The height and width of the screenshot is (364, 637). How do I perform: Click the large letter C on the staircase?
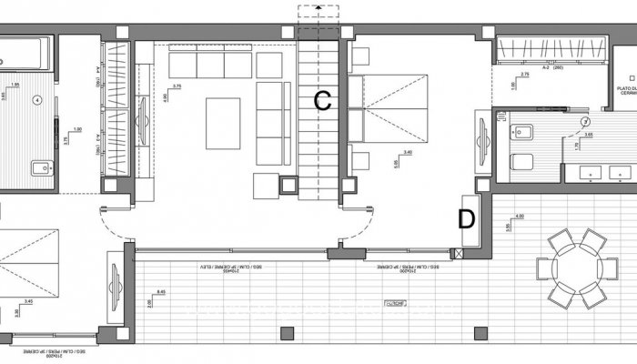point(322,101)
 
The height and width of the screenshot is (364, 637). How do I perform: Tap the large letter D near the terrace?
point(466,218)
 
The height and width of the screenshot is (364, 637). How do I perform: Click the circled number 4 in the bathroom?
point(36,100)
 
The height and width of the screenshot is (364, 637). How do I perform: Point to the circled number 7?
point(585,121)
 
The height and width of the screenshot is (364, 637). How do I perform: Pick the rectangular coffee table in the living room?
point(223,123)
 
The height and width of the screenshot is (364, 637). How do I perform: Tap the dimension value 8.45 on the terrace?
point(161,292)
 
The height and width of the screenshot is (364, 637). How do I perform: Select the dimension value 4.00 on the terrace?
point(519,216)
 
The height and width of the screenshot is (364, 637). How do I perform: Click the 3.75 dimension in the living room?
point(177,86)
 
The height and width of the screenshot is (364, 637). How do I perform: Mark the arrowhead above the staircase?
point(319,11)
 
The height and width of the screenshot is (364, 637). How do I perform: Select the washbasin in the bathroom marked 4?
point(39,167)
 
